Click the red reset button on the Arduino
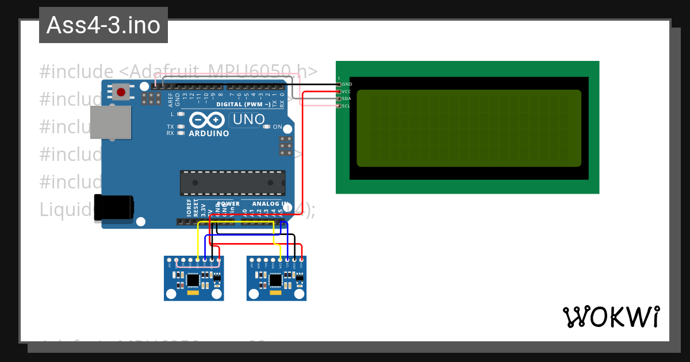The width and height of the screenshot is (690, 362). [121, 92]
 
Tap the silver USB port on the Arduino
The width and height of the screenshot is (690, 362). [110, 122]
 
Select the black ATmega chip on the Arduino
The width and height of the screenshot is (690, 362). [232, 183]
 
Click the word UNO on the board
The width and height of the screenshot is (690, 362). [248, 120]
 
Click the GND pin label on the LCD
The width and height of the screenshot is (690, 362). [347, 84]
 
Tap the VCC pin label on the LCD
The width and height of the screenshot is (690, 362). [347, 91]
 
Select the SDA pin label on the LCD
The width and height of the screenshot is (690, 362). [347, 99]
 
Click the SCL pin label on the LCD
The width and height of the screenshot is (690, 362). [347, 106]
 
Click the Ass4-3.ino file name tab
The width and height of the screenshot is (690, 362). [103, 25]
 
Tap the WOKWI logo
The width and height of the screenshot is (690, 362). [611, 317]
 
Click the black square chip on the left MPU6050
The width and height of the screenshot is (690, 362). [193, 280]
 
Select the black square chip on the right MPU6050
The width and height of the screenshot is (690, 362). [276, 280]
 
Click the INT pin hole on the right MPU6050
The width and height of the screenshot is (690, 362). [252, 260]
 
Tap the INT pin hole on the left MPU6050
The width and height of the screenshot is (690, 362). [169, 260]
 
